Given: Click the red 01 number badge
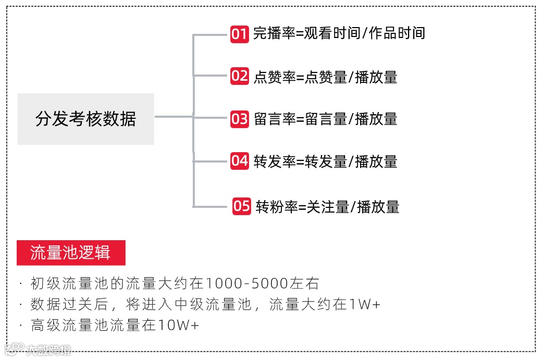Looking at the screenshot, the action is click(x=240, y=34).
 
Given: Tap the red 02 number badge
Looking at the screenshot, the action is click(x=240, y=76).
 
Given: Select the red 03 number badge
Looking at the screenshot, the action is click(x=240, y=119).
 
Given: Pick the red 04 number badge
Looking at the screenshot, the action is click(x=240, y=161).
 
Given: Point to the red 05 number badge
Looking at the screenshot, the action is click(x=242, y=206).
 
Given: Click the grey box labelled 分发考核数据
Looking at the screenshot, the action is click(x=86, y=119).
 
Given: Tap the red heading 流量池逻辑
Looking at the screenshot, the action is click(x=71, y=253).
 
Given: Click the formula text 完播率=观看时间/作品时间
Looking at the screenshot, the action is click(x=339, y=34).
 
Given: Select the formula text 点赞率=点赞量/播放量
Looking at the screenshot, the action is click(x=326, y=77).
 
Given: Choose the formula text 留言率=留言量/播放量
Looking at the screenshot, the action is click(x=326, y=119).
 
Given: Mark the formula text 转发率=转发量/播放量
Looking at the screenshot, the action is click(x=326, y=162).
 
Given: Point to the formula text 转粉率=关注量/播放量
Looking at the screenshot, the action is click(x=328, y=207).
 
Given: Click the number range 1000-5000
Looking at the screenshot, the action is click(x=248, y=284).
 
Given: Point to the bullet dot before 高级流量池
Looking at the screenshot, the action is click(x=20, y=326).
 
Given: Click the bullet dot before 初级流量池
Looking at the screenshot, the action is click(x=20, y=284).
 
